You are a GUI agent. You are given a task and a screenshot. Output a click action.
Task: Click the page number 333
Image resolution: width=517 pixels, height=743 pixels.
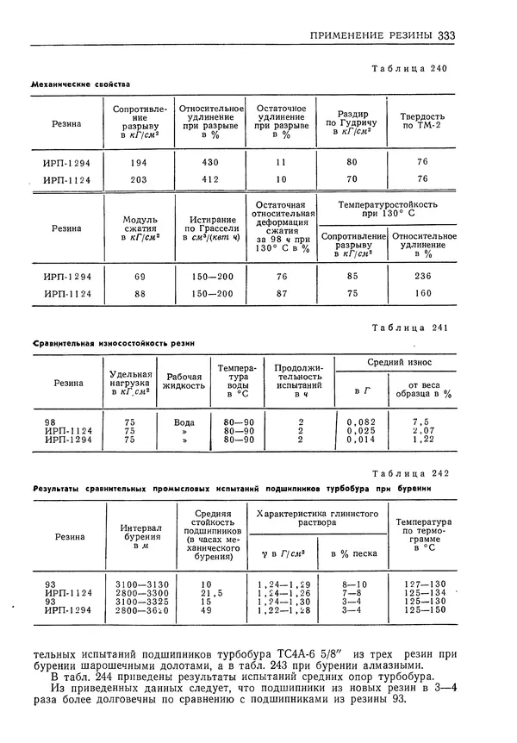[446, 36]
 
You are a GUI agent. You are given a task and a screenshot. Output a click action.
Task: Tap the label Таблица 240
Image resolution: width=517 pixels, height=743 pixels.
[409, 68]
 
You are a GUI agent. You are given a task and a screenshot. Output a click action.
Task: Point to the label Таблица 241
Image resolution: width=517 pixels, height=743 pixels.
[409, 328]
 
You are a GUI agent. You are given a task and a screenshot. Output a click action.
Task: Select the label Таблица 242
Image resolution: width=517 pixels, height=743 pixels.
[409, 473]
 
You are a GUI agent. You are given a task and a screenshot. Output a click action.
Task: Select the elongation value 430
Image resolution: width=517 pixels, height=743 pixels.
[210, 162]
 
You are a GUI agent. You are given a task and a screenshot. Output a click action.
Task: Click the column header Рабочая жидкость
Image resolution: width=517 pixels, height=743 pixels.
[184, 382]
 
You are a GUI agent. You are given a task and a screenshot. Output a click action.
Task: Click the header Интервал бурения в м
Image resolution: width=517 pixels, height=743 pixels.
[141, 536]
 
